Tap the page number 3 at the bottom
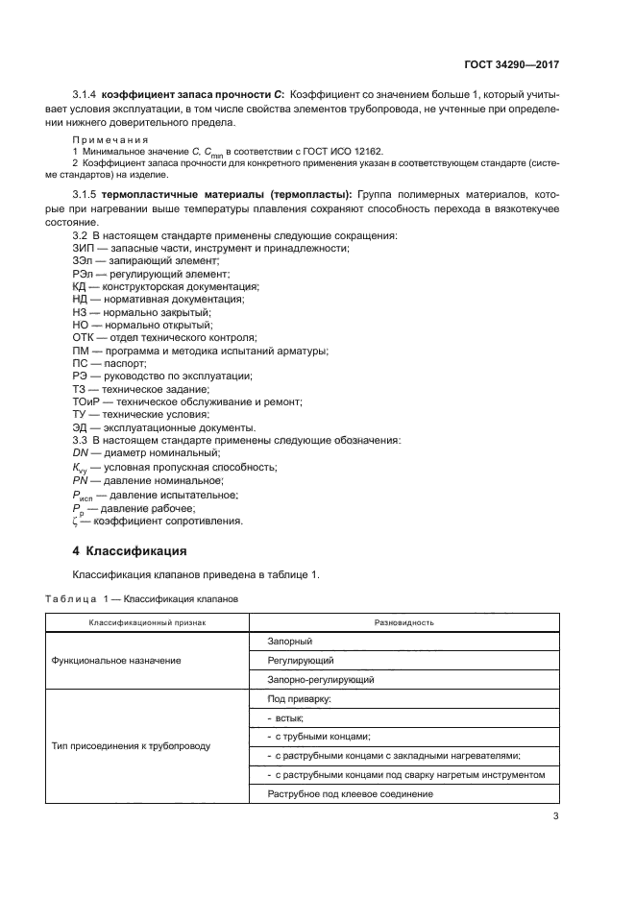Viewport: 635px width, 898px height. (555, 816)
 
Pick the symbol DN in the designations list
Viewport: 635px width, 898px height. (81, 452)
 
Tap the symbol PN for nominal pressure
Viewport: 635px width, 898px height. (81, 479)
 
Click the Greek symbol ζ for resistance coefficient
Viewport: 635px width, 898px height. (76, 522)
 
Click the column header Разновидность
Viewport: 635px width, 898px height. (405, 623)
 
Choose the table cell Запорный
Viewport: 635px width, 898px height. (290, 642)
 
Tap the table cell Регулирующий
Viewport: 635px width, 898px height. (301, 661)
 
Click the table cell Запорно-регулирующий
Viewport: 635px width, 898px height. (320, 680)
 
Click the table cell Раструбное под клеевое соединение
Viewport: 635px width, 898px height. (350, 794)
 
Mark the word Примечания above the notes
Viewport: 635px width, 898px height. (105, 139)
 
